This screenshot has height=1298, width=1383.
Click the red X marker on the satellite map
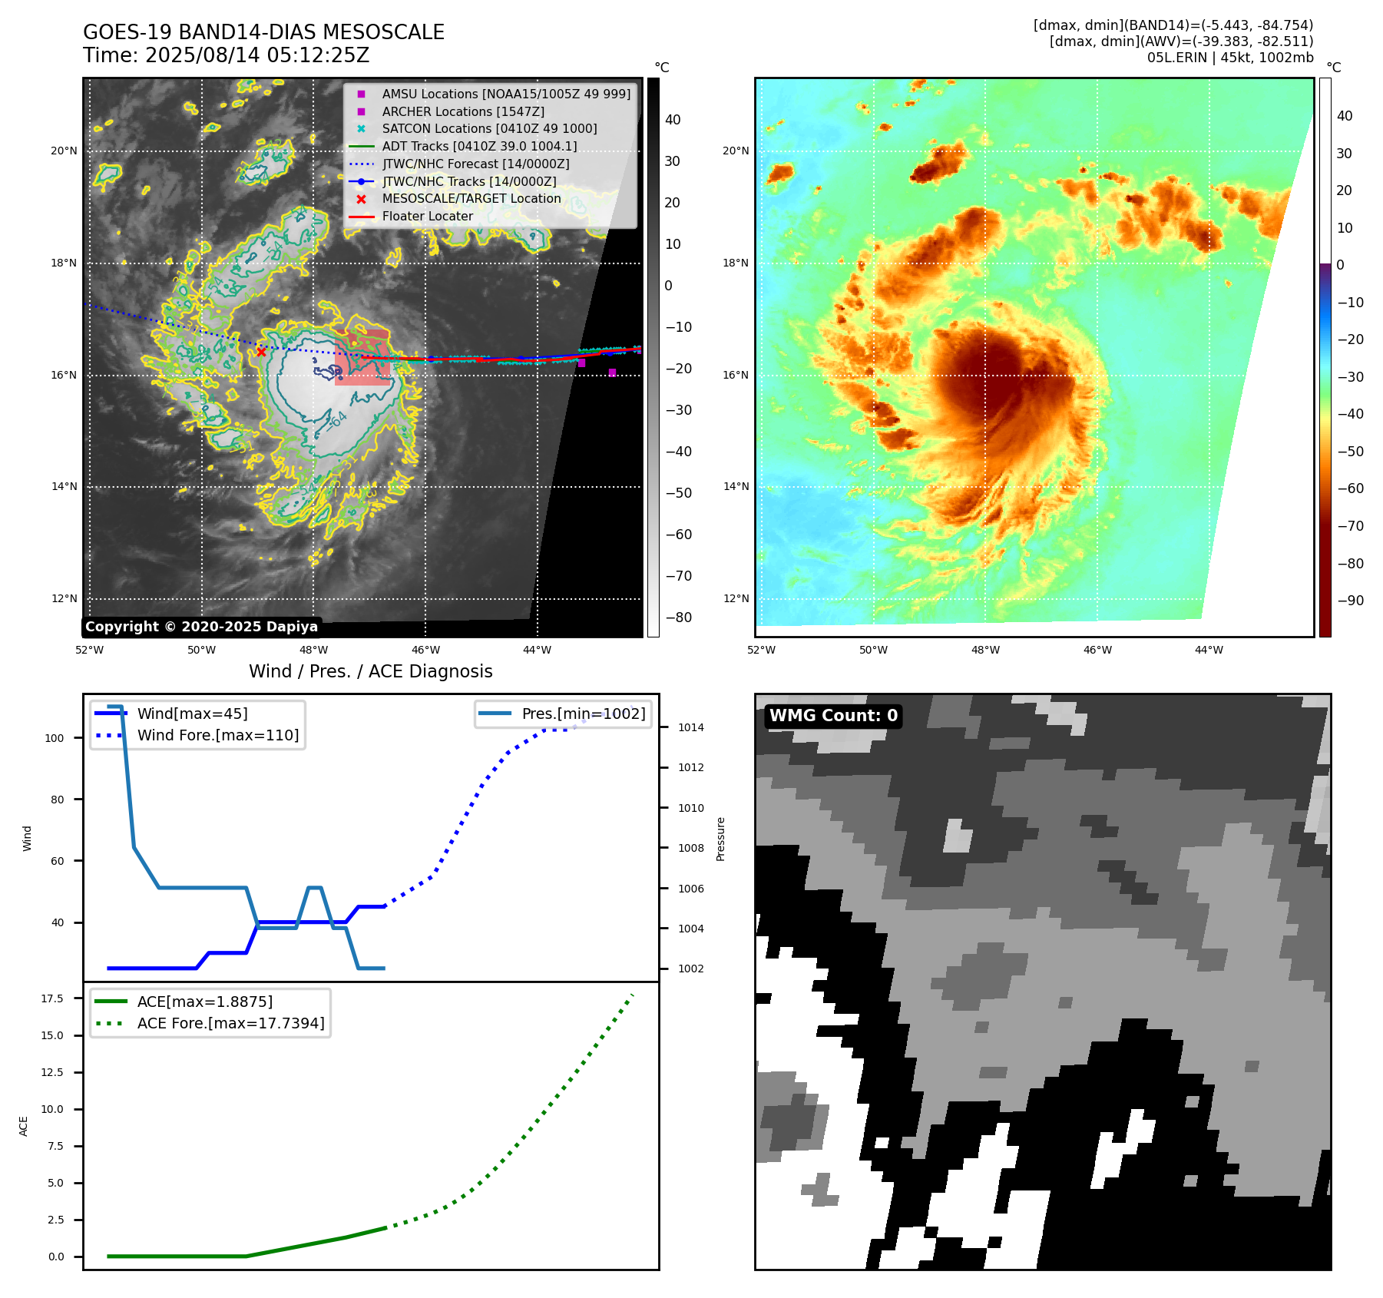(x=261, y=352)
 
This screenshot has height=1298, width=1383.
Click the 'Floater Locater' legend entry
(x=427, y=217)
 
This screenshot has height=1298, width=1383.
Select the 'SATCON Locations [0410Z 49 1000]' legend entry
(x=489, y=129)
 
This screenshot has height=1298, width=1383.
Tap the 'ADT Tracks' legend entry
(x=479, y=147)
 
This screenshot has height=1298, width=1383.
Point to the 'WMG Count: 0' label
(x=833, y=716)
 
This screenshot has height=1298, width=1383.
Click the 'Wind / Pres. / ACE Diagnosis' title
(x=370, y=671)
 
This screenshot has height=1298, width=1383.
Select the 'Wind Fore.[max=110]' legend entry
(x=218, y=735)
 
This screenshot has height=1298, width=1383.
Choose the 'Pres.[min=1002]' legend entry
(x=583, y=714)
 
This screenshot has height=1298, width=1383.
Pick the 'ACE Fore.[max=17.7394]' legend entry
(x=230, y=1023)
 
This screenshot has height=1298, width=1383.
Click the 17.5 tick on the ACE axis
(x=52, y=998)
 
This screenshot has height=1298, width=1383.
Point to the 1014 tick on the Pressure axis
(x=690, y=727)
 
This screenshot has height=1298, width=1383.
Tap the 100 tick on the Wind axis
(x=55, y=738)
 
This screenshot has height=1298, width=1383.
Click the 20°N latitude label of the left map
(x=64, y=151)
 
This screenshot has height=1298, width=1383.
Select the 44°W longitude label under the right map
(x=1209, y=650)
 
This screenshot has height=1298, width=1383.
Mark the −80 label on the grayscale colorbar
(x=678, y=618)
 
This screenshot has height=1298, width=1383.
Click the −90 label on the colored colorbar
(x=1350, y=601)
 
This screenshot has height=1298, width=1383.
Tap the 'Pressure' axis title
(x=720, y=839)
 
